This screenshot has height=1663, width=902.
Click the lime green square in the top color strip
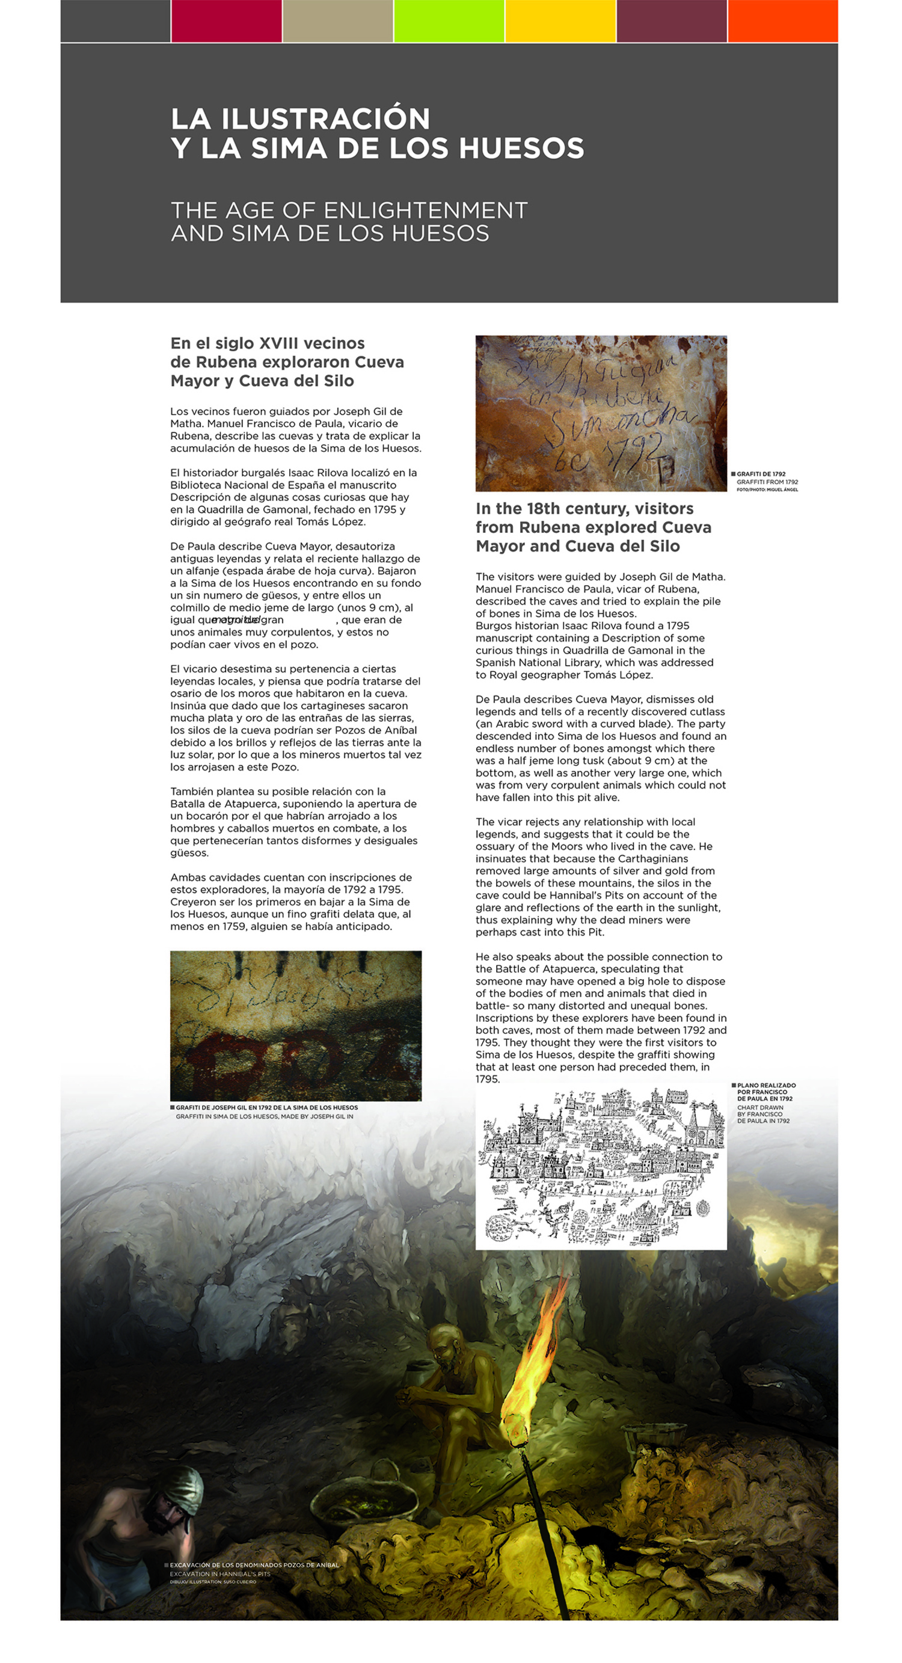[449, 20]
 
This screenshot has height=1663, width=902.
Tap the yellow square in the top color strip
[560, 20]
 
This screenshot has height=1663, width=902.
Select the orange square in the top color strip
[782, 20]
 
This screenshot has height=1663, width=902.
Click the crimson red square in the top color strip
[226, 20]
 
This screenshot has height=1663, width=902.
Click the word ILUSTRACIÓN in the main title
[325, 119]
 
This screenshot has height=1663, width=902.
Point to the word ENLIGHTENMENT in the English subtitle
[426, 211]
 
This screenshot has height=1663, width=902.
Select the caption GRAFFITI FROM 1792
[767, 482]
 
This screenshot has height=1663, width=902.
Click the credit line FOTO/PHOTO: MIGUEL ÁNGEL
[767, 490]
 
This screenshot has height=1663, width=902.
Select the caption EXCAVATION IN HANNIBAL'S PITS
[220, 1574]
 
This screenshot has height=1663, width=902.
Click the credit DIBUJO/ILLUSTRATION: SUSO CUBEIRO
[213, 1582]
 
